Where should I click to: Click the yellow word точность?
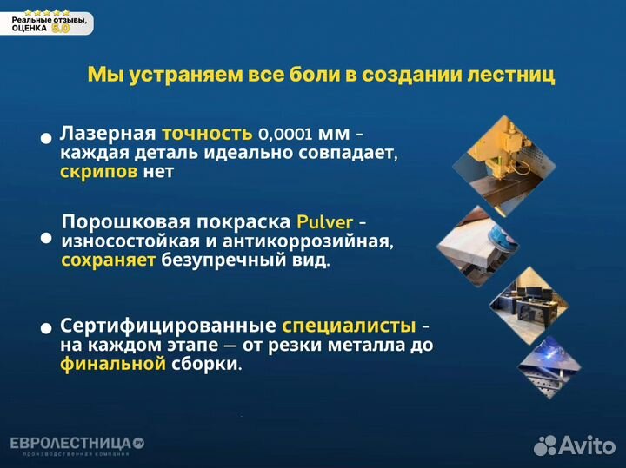[x=206, y=134]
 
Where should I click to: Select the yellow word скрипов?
[x=99, y=171]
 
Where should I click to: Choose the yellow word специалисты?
[x=349, y=326]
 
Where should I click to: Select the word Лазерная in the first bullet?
[x=107, y=134]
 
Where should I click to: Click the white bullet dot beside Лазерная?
[x=46, y=138]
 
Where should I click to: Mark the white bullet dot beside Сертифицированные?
[x=46, y=328]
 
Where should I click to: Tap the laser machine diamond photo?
[x=504, y=164]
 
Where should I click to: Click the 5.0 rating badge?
[x=60, y=28]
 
